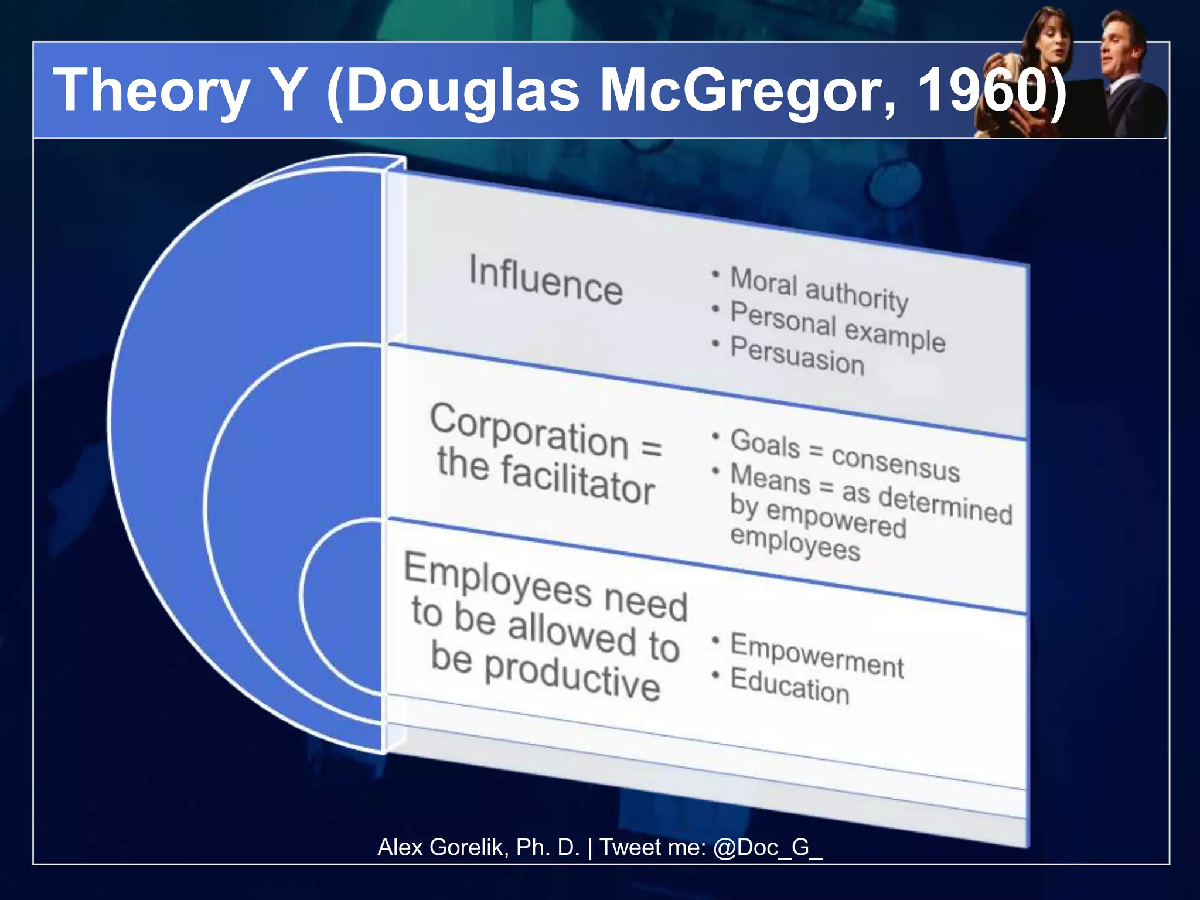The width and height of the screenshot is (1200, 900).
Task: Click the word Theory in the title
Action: [x=151, y=91]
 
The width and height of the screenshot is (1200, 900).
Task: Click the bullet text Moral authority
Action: [x=819, y=289]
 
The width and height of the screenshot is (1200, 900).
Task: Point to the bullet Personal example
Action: [x=838, y=326]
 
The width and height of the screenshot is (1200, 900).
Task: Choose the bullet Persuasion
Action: [x=797, y=356]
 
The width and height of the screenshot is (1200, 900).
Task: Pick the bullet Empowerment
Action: [x=817, y=655]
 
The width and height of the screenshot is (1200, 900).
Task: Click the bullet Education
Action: [x=790, y=686]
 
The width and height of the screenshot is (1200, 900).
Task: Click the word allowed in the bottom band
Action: [x=571, y=633]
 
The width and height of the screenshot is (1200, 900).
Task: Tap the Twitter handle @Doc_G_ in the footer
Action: [x=768, y=847]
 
